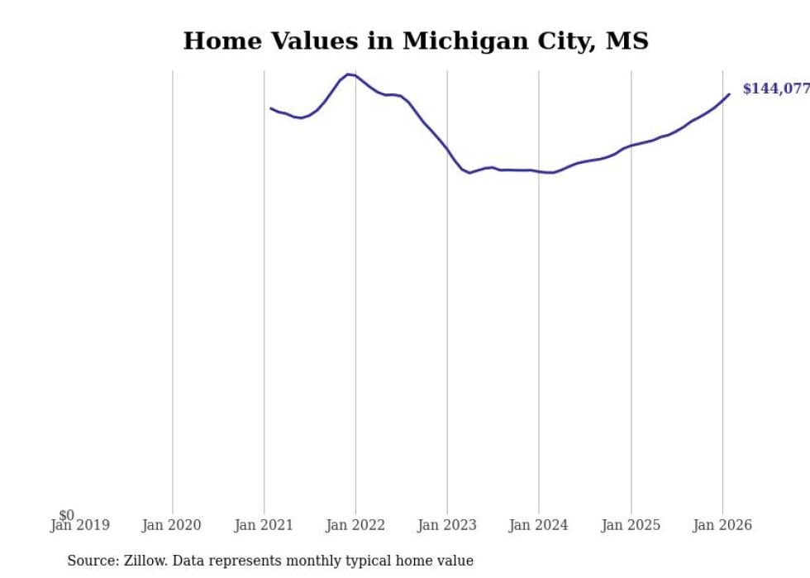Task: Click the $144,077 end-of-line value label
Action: pos(775,89)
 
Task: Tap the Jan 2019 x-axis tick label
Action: pos(79,526)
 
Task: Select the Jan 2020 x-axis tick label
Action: pos(172,526)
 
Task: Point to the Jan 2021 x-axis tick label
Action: pos(264,526)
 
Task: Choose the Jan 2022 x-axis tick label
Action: pos(355,526)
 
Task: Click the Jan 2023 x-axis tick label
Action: pos(447,526)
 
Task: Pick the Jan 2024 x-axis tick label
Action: pos(539,526)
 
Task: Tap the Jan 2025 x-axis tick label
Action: pos(631,526)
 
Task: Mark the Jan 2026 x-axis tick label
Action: pos(722,526)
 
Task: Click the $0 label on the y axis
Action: pos(66,515)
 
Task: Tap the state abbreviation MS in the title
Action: pos(627,41)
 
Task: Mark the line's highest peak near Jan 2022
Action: pos(349,74)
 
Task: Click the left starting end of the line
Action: pos(270,107)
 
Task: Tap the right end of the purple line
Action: pos(729,94)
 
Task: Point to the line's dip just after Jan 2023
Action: pos(469,173)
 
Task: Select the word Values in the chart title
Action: pos(323,41)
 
